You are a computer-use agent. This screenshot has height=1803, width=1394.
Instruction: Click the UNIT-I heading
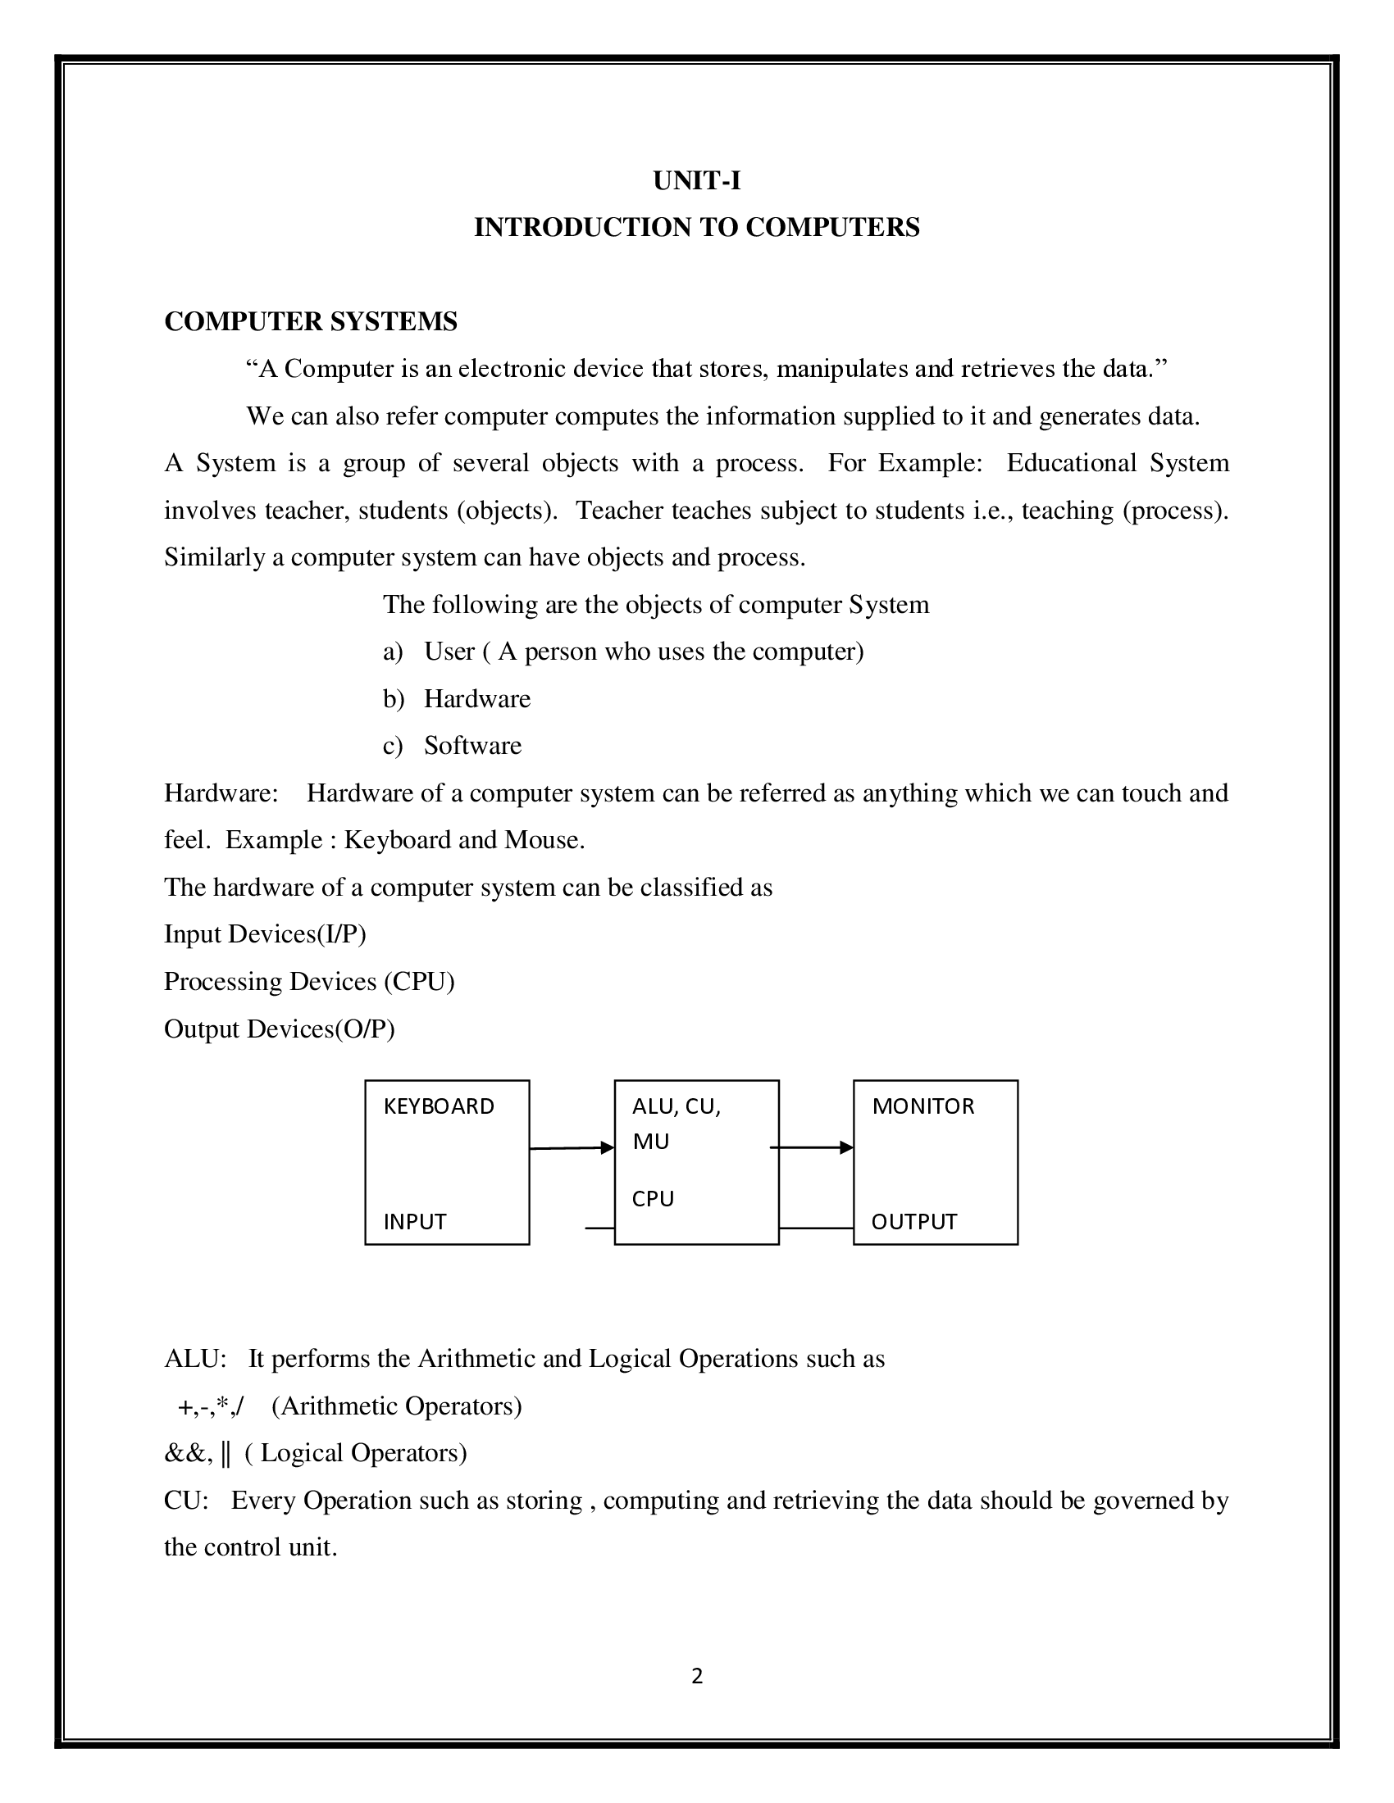696,180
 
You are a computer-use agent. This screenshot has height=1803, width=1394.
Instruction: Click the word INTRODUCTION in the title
582,227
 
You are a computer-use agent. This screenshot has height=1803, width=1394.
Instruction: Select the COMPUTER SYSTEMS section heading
311,321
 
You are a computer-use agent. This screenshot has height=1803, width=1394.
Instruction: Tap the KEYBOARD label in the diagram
439,1106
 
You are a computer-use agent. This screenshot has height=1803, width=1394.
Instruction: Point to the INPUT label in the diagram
415,1222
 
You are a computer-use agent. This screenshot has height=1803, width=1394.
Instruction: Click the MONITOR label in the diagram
922,1106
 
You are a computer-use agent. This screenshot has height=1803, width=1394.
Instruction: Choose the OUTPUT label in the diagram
913,1222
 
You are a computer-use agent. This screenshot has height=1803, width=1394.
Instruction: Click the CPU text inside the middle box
653,1199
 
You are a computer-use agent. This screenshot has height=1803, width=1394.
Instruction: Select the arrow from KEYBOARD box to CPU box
571,1147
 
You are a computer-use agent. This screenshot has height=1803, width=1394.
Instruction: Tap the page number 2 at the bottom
696,1676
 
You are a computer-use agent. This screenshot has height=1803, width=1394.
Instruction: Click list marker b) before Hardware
393,699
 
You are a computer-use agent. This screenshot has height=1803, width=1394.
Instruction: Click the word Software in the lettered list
472,746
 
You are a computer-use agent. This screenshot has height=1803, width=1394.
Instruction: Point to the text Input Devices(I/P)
264,933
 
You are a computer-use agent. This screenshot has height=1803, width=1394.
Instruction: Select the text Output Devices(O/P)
279,1029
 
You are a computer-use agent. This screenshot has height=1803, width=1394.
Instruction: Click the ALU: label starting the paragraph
195,1359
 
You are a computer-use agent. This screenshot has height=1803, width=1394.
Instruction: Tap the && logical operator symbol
187,1453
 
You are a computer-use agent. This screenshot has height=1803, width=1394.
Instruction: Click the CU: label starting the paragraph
186,1500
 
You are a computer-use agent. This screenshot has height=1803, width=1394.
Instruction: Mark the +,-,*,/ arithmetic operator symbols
211,1406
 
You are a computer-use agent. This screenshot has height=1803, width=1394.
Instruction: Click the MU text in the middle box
651,1142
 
